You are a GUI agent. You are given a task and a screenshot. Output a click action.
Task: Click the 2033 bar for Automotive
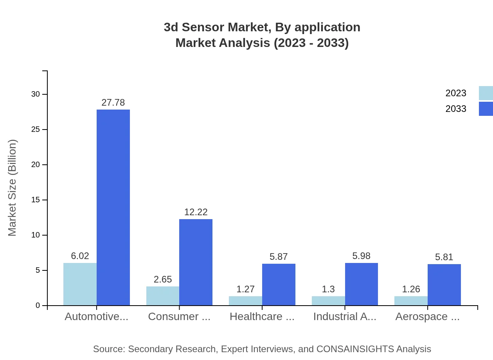point(113,207)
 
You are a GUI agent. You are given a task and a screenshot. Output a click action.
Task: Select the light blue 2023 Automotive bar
point(80,284)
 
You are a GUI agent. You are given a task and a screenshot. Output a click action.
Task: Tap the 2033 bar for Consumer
point(196,262)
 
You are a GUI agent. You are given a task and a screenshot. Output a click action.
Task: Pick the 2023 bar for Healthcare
point(245,301)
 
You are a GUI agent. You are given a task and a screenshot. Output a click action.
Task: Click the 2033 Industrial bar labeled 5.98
point(362,284)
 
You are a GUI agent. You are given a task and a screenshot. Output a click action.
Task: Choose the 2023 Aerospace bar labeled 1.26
point(411,301)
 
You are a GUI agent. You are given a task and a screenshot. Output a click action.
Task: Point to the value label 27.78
point(113,103)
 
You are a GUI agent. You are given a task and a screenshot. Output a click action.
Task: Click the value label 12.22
point(196,212)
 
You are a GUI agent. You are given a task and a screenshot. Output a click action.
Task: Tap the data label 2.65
point(163,279)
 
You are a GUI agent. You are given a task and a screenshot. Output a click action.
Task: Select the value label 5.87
point(279,257)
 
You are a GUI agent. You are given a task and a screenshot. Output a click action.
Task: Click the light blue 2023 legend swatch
point(486,93)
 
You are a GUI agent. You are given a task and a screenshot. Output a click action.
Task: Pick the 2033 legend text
point(456,109)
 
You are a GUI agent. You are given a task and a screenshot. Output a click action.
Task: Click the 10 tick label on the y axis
point(36,235)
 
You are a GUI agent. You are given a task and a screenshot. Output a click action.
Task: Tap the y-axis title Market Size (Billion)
point(13,188)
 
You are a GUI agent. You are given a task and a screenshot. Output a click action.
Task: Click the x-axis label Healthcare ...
point(262,317)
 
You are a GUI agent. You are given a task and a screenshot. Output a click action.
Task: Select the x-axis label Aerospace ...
point(427,317)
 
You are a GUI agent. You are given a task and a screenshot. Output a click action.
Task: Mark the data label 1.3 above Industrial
point(328,289)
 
